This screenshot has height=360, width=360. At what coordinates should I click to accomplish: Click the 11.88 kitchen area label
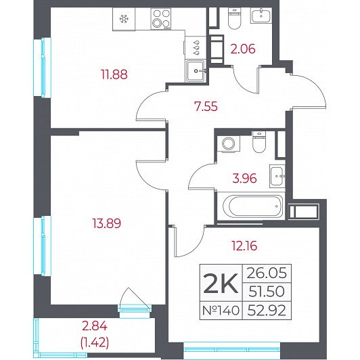114,74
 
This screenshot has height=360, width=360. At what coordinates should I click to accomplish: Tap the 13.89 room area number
107,223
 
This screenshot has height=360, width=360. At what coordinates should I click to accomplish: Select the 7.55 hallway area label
206,107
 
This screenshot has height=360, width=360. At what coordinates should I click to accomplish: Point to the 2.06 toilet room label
243,49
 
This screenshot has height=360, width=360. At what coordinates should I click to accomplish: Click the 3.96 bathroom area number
244,179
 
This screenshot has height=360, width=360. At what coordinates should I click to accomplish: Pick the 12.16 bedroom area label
244,246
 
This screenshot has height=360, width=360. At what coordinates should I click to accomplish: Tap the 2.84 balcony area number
95,326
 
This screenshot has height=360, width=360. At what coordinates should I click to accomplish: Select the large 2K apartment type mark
221,284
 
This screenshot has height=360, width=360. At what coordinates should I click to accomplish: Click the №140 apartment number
221,311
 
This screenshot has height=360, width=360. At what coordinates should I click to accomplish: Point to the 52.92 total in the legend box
267,311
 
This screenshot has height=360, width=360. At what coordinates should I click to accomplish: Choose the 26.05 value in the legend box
267,273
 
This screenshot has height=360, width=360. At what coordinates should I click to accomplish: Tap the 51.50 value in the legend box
267,292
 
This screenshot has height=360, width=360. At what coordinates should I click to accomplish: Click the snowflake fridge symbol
124,19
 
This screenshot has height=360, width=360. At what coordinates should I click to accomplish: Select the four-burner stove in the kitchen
161,19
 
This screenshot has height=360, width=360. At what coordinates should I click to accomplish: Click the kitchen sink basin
196,70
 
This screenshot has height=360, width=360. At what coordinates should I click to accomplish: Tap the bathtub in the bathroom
253,206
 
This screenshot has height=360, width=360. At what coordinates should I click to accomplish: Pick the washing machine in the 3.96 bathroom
228,143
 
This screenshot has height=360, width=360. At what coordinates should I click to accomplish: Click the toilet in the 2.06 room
234,19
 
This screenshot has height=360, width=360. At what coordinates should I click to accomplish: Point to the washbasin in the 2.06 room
261,15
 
